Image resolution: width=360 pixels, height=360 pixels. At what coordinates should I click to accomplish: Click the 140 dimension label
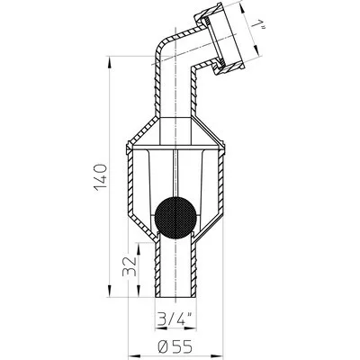pyautogui.click(x=100, y=177)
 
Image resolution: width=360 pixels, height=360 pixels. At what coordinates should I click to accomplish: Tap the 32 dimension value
pyautogui.click(x=130, y=265)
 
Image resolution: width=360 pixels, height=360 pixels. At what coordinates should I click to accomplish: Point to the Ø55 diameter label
pyautogui.click(x=175, y=347)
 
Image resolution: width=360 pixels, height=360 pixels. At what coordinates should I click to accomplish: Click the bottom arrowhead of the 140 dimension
pyautogui.click(x=109, y=290)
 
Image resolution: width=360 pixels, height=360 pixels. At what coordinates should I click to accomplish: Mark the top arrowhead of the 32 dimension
pyautogui.click(x=139, y=249)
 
